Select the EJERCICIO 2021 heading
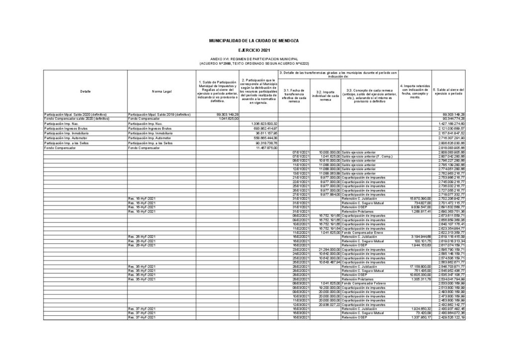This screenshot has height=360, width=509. (x=254, y=50)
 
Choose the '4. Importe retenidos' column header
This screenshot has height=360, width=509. (x=415, y=91)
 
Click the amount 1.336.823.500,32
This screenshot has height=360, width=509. (x=260, y=123)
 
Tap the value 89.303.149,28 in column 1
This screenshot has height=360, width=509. (x=214, y=114)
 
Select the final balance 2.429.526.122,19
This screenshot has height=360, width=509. (x=449, y=317)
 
